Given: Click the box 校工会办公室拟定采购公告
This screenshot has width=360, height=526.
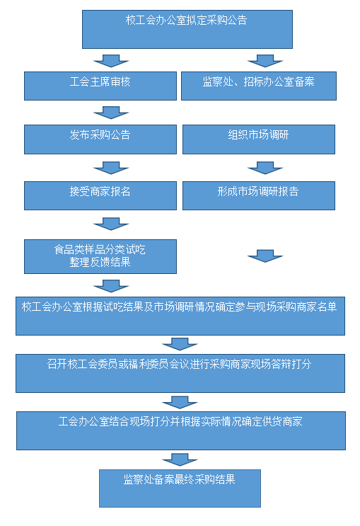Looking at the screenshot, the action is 187,29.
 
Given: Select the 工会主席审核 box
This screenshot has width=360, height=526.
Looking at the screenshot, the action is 100,86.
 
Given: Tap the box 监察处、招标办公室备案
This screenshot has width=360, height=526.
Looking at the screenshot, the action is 258,86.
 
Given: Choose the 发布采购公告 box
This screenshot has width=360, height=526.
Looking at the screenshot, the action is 100,139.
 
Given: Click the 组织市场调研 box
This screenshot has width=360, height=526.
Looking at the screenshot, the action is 258,139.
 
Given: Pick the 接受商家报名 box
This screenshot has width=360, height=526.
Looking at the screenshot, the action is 100,196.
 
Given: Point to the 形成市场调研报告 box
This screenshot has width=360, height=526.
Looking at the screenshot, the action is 258,196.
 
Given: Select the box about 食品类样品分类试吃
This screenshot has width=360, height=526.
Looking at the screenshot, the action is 100,256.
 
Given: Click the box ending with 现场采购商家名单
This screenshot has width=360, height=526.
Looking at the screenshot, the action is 180,316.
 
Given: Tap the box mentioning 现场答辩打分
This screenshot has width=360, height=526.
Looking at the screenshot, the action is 180,373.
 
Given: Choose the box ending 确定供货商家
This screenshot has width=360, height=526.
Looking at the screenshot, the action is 180,430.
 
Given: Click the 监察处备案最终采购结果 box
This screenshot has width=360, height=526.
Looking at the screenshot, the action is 180,488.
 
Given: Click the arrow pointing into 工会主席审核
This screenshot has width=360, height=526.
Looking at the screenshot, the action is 111,61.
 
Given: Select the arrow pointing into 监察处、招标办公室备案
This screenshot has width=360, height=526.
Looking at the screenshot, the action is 265,61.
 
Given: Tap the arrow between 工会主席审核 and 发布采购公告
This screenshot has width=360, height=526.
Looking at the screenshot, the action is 111,113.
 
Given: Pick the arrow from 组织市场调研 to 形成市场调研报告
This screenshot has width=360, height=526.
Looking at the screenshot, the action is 265,168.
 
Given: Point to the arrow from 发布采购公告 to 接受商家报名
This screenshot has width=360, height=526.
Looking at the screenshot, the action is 111,168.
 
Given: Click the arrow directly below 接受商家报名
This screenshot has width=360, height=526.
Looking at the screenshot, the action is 111,224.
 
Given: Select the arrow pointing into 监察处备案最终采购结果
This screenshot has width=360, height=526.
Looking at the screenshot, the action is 180,459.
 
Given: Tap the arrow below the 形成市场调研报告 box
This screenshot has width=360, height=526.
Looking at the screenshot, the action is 265,256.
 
